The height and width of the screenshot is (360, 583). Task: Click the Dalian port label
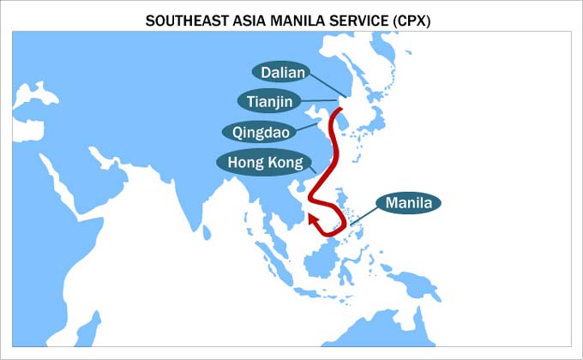[x=283, y=73]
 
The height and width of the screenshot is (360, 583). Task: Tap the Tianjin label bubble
[x=269, y=102]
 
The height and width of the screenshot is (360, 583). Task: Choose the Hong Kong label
[x=260, y=162]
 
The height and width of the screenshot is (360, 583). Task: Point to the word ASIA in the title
[x=252, y=17]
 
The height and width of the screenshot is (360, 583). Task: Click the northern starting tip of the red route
[x=340, y=110]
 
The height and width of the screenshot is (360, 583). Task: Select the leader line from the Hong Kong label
[x=311, y=169]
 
